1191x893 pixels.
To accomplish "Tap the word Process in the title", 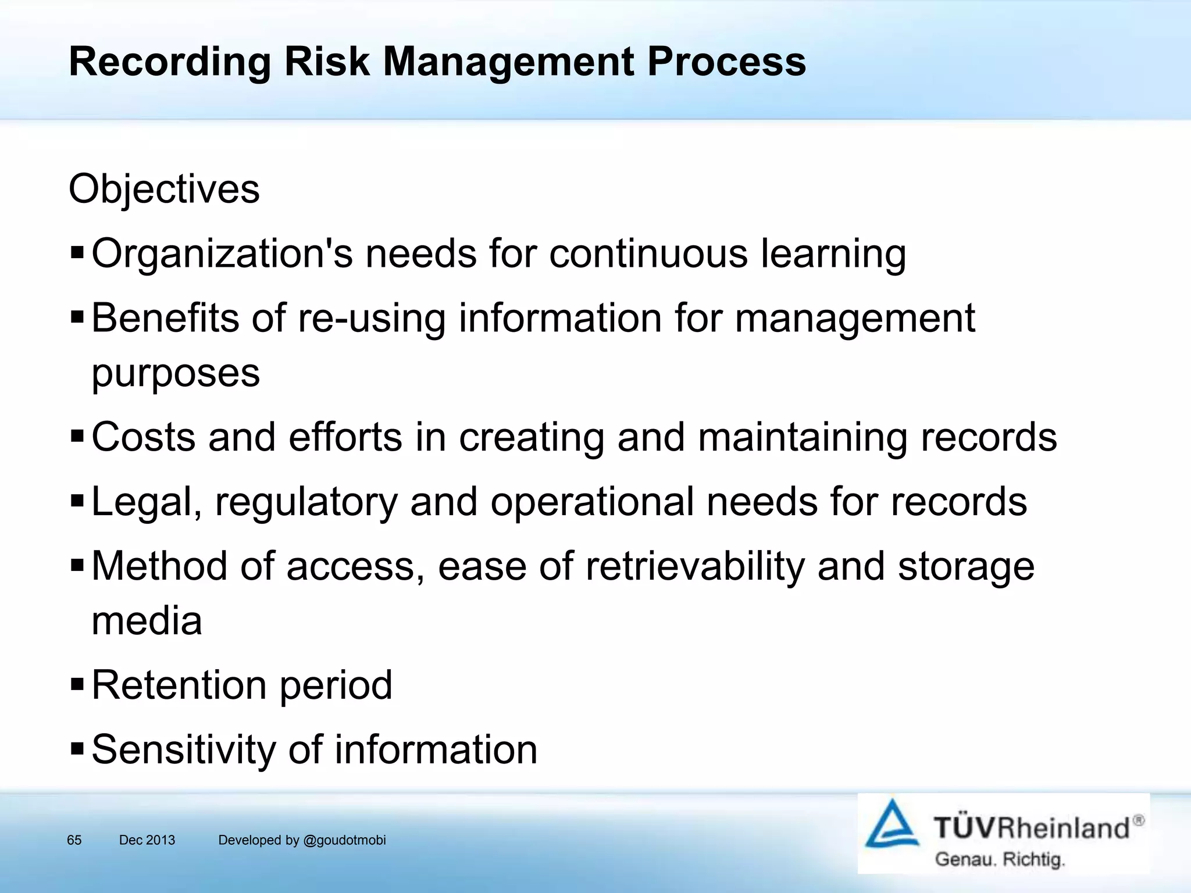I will [726, 62].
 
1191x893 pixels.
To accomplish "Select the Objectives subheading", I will [164, 190].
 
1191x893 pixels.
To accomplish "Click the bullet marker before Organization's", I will [77, 253].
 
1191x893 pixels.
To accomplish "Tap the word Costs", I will [144, 437].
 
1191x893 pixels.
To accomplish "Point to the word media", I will [147, 621].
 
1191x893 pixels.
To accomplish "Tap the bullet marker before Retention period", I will [77, 684].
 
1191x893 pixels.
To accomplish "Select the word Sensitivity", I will [184, 749].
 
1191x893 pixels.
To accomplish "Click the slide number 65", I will [74, 840].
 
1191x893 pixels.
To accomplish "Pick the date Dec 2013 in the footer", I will [147, 840].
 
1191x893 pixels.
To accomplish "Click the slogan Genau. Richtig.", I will [1000, 859].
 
